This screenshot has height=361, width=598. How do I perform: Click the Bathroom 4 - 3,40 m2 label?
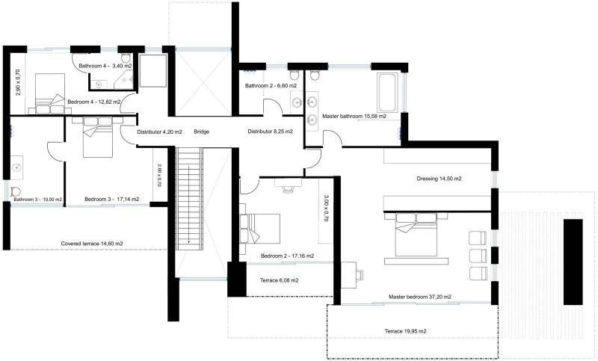[x=105, y=66]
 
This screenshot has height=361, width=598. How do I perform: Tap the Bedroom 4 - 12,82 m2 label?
[x=94, y=102]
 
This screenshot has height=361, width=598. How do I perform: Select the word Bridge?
[x=201, y=132]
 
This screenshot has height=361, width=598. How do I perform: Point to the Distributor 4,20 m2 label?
[x=159, y=132]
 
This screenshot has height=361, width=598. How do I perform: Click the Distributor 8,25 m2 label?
[x=271, y=132]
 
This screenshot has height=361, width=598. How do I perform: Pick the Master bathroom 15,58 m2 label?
[x=354, y=116]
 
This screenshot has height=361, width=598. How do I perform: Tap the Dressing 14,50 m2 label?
[x=439, y=179]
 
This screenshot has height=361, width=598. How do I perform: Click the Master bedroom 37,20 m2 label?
[x=420, y=297]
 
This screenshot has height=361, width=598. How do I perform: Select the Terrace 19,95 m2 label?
[x=405, y=331]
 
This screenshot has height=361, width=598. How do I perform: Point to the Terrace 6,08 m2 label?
[x=279, y=280]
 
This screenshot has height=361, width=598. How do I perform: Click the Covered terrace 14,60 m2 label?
[x=92, y=243]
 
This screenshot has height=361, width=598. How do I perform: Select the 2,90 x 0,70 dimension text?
[x=18, y=82]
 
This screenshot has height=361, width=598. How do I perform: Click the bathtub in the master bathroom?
[x=386, y=92]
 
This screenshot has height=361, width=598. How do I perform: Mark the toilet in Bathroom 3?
[x=16, y=191]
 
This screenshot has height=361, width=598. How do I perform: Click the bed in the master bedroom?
[x=416, y=235]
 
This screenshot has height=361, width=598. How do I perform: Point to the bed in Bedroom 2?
[x=259, y=228]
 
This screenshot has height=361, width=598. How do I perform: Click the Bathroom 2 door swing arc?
[x=273, y=104]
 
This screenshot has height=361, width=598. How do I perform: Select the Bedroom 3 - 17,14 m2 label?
[x=111, y=199]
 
